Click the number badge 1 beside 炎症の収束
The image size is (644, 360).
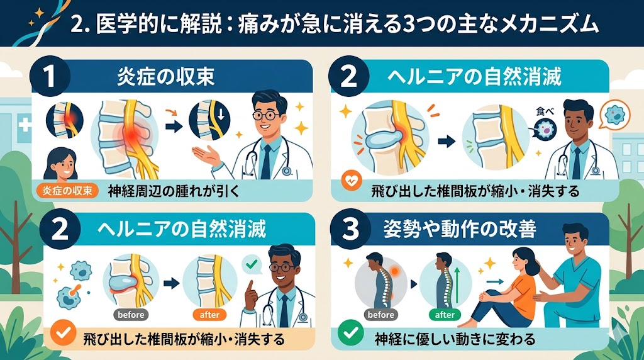(x=49, y=76)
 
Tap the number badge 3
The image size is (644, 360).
(x=350, y=228)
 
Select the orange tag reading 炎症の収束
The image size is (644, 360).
(x=67, y=191)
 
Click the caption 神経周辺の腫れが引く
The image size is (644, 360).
(x=174, y=191)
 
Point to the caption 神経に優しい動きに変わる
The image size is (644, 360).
(x=455, y=339)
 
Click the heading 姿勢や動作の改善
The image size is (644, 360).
(x=460, y=229)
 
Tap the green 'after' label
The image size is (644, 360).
(x=445, y=315)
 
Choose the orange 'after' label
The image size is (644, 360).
(x=209, y=315)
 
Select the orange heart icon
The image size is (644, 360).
(x=352, y=181)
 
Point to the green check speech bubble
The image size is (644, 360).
(x=252, y=264)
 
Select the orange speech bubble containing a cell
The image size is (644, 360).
(x=614, y=114)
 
